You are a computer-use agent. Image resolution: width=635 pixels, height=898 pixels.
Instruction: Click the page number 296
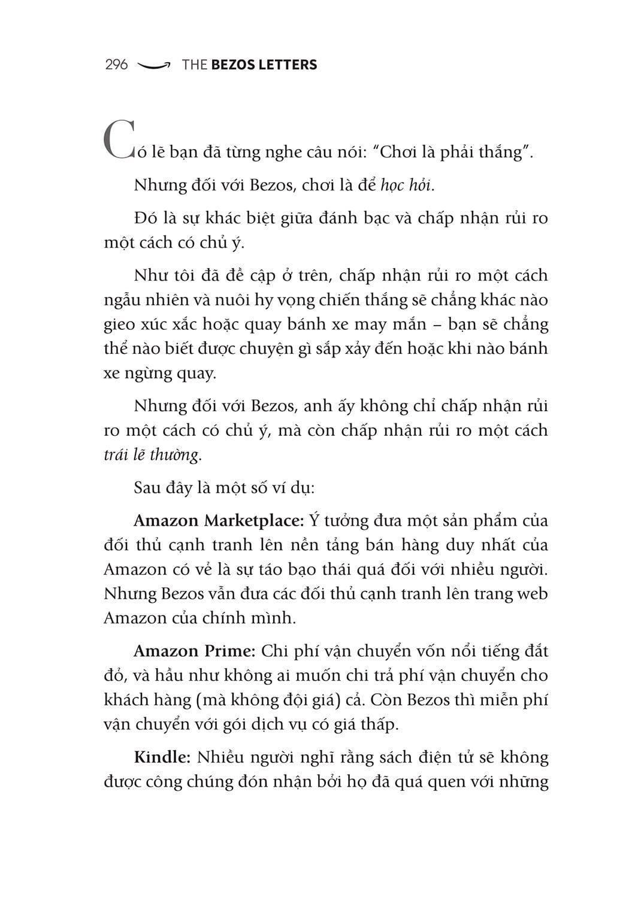coord(116,65)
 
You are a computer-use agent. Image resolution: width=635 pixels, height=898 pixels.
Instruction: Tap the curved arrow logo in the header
coord(154,65)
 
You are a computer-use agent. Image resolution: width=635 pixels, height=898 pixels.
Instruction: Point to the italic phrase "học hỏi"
coord(407,185)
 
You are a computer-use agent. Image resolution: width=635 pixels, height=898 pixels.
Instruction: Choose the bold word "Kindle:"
coord(162,757)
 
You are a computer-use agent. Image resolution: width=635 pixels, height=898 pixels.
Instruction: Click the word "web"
coord(533,594)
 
